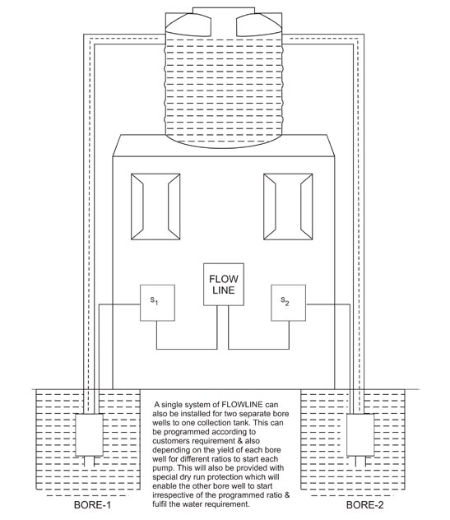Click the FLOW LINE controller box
coord(224,284)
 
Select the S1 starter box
coord(157,303)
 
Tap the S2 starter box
coord(288,303)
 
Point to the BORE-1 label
coord(92,504)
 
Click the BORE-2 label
coord(364,504)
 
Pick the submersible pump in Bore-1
coord(89,434)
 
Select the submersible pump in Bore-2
coord(360,434)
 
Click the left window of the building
coord(155,207)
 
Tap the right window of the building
coord(288,207)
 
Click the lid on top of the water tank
coord(224,10)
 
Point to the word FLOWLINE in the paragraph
coord(242,405)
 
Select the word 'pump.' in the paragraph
coord(163,468)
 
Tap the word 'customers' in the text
coord(171,441)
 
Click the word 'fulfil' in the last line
coord(160,504)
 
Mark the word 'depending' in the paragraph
coord(169,450)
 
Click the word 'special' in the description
coord(163,477)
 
